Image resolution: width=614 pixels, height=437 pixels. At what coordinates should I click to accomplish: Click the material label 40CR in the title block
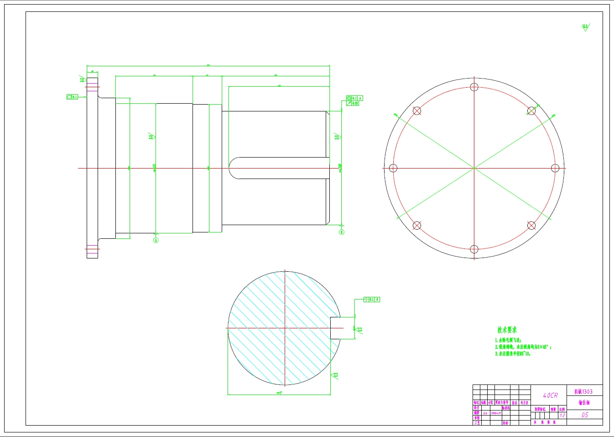point(550,395)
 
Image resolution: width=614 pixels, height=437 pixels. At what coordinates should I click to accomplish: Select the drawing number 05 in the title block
point(585,415)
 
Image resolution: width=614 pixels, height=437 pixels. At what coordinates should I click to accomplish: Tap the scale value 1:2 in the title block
point(562,416)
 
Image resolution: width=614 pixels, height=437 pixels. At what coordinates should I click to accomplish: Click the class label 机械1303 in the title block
point(583,391)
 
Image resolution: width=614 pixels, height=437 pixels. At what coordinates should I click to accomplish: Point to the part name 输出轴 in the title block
point(584,403)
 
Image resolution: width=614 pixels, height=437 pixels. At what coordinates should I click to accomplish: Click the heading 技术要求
point(507,330)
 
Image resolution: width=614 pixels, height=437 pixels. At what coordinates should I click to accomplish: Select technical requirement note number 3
point(513,354)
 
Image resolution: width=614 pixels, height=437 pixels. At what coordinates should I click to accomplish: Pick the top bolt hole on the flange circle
point(474,87)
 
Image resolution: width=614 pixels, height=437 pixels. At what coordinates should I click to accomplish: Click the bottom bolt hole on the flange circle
point(474,249)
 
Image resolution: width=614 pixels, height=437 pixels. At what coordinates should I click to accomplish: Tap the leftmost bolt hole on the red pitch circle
point(393,168)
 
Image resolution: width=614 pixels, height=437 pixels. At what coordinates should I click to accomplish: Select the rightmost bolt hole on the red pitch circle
point(555,168)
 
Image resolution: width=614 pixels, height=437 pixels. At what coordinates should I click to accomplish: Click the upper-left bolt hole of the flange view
point(417,111)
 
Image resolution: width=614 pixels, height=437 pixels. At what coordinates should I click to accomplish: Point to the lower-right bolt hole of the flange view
point(531,225)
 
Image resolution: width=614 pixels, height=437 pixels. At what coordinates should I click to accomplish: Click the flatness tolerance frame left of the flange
point(72,97)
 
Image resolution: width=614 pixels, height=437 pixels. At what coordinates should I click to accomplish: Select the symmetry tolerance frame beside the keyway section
point(372,300)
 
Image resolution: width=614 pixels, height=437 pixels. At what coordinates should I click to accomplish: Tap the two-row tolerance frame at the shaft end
point(354,101)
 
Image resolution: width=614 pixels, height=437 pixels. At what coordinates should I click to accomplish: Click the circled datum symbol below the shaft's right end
point(341,232)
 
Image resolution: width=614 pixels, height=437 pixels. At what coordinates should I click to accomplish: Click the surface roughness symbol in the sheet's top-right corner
point(585,27)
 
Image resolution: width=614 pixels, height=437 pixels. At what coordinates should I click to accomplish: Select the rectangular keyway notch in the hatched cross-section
point(335,328)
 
